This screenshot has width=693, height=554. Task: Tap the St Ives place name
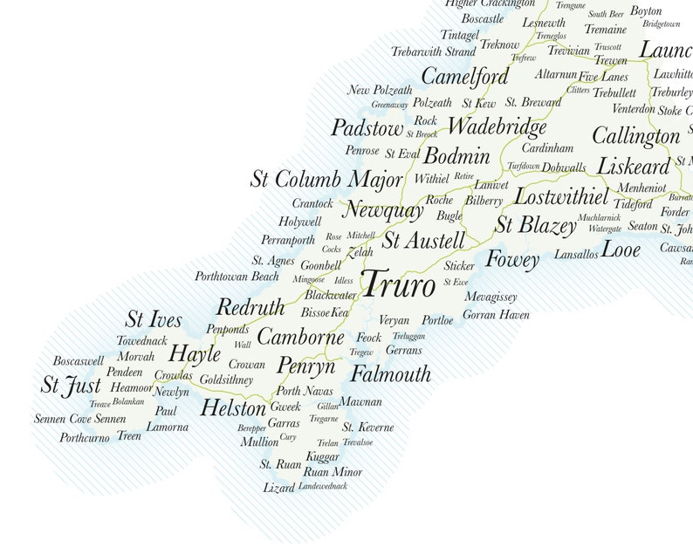[154, 319]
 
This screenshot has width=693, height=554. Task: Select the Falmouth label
[391, 374]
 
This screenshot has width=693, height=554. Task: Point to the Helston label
[233, 408]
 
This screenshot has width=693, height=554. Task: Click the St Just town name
[71, 385]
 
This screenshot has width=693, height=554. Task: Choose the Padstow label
[367, 129]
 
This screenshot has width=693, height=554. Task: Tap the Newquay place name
[383, 210]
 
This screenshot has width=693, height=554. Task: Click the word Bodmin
[456, 157]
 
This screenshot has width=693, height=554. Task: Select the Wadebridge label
[497, 127]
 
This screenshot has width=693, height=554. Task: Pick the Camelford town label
[465, 77]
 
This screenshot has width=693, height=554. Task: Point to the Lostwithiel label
[561, 195]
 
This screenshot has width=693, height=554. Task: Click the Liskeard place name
[634, 166]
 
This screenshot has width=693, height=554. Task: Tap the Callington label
[635, 136]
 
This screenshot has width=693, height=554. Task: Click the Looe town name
[621, 250]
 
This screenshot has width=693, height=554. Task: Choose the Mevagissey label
[491, 297]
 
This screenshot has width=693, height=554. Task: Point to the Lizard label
[279, 488]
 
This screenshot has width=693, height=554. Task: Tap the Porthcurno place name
[85, 437]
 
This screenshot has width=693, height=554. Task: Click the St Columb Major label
[326, 180]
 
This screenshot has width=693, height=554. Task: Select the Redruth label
[250, 307]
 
